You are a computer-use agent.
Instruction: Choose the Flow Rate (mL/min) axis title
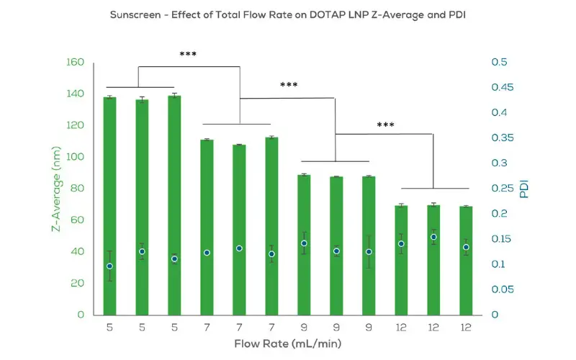pyautogui.click(x=287, y=343)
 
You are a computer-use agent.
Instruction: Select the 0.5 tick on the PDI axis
pyautogui.click(x=499, y=63)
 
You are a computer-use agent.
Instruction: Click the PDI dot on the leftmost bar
pyautogui.click(x=109, y=266)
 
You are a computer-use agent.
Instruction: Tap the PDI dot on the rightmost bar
pyautogui.click(x=465, y=247)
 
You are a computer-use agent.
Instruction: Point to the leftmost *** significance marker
pyautogui.click(x=189, y=54)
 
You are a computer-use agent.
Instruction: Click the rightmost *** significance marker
pyautogui.click(x=385, y=125)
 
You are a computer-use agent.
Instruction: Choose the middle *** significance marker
pyautogui.click(x=289, y=85)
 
